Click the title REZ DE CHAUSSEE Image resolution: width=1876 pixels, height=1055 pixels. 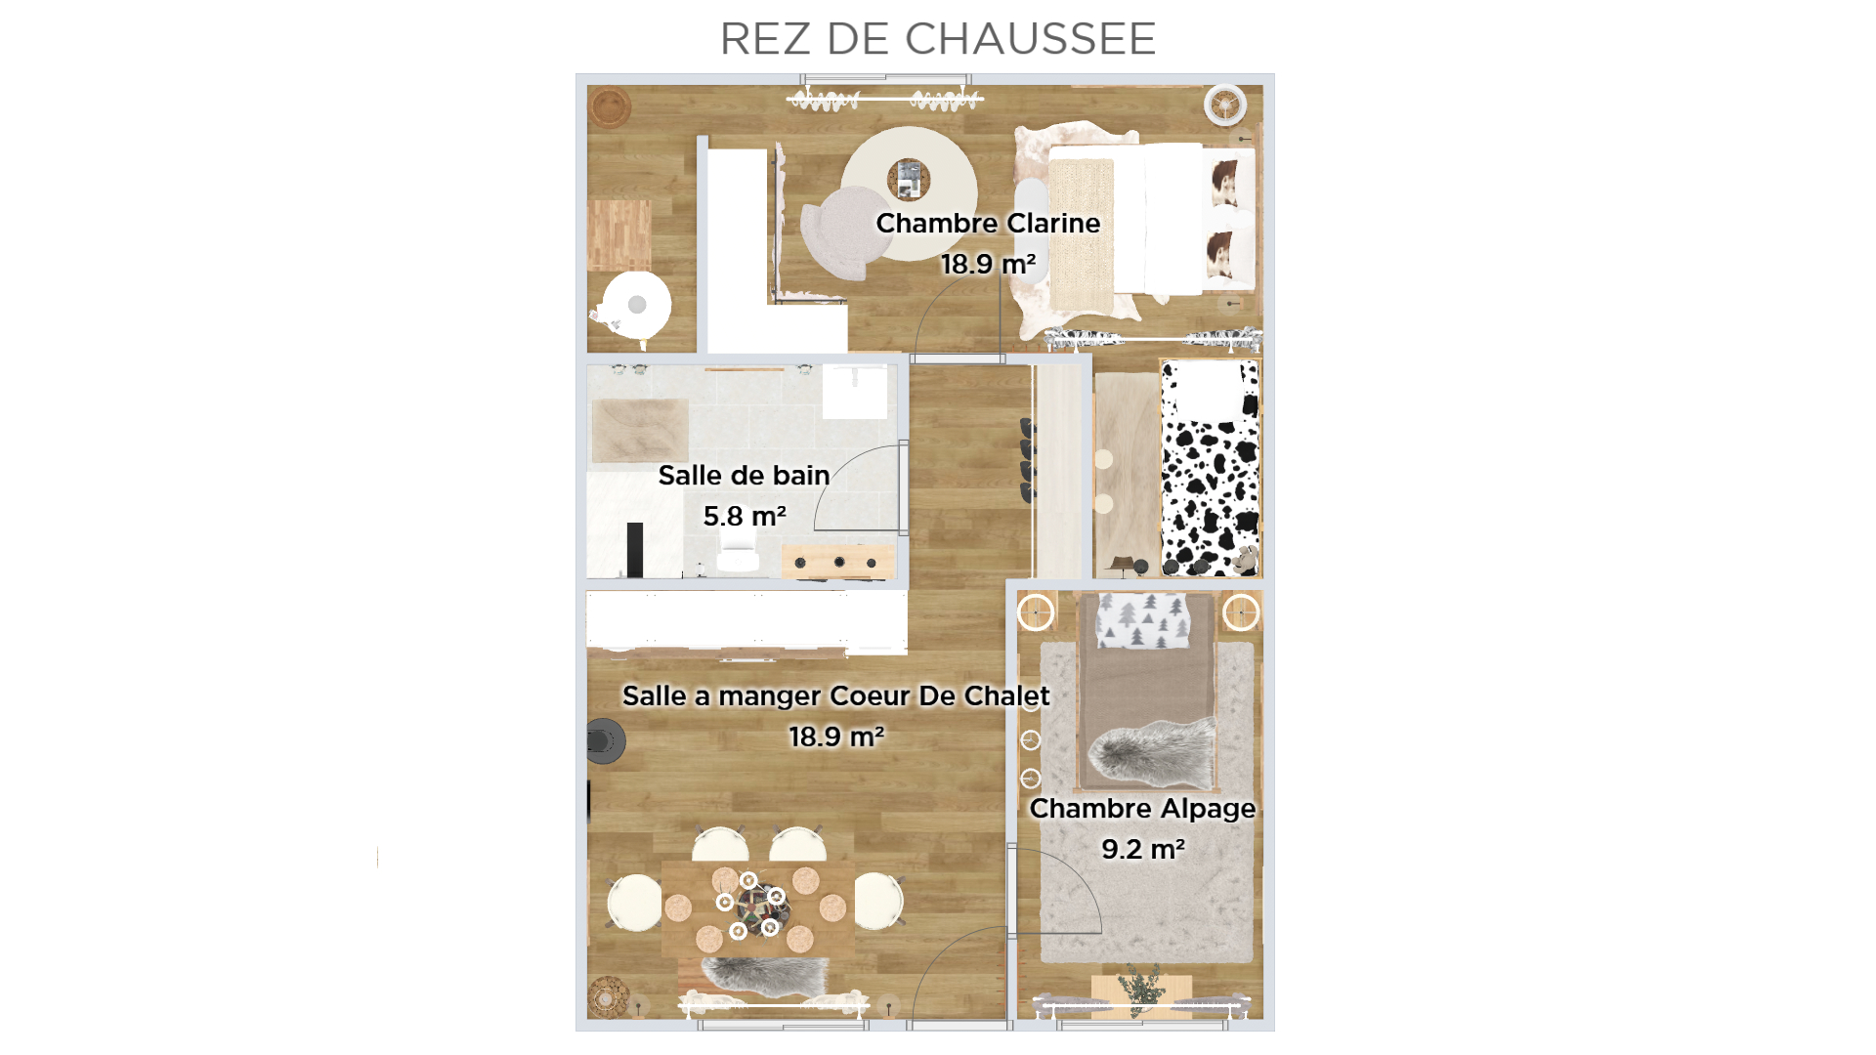click(938, 39)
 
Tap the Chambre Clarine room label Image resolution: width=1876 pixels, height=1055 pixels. click(988, 223)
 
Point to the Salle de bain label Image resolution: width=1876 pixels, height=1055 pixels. click(744, 475)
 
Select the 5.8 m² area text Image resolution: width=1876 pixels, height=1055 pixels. click(745, 516)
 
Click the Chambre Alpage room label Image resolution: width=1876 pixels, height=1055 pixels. click(1142, 809)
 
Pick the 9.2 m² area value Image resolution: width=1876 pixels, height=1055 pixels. click(1143, 849)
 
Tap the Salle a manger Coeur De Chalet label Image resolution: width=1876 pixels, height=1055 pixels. click(835, 696)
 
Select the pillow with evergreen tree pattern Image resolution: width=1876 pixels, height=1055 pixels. click(1143, 619)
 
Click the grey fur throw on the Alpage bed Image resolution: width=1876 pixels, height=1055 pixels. click(1153, 753)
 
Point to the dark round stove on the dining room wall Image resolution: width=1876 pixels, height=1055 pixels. click(605, 740)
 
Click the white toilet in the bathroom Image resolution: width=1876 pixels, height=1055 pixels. click(738, 556)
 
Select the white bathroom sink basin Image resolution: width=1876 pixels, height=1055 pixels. click(855, 392)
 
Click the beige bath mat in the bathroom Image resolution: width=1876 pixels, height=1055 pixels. click(640, 430)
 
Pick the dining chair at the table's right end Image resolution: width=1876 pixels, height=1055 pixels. click(878, 901)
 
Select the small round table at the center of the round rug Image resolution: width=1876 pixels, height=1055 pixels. click(909, 180)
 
